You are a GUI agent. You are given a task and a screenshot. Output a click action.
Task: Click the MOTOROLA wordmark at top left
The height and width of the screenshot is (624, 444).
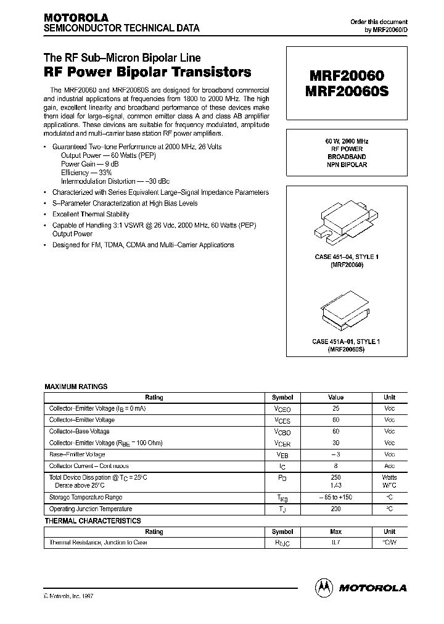pos(76,17)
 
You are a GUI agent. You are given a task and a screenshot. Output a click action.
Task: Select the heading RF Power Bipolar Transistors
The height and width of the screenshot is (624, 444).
pos(147,72)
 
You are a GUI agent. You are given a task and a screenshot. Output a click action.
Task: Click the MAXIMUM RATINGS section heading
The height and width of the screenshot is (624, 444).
pos(76,387)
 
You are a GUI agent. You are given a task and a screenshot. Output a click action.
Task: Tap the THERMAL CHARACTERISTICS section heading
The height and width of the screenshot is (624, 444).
pos(92,521)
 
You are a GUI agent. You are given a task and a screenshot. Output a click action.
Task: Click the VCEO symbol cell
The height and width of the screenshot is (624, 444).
pos(282,409)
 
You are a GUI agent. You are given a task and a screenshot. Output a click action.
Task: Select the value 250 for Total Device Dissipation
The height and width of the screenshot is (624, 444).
pos(335,477)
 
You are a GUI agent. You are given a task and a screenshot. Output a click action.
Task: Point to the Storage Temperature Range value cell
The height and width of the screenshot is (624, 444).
pos(335,497)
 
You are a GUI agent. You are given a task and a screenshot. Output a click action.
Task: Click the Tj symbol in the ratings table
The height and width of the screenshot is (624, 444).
pos(282,509)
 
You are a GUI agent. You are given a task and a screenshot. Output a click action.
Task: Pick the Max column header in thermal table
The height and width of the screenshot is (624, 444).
pos(335,532)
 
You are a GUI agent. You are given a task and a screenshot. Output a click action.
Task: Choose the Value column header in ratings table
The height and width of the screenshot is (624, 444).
pos(335,398)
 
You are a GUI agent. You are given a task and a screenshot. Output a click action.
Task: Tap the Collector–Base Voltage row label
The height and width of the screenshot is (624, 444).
pos(79,432)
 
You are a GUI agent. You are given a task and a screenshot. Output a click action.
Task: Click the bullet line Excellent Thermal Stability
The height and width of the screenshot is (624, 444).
pos(91,215)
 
